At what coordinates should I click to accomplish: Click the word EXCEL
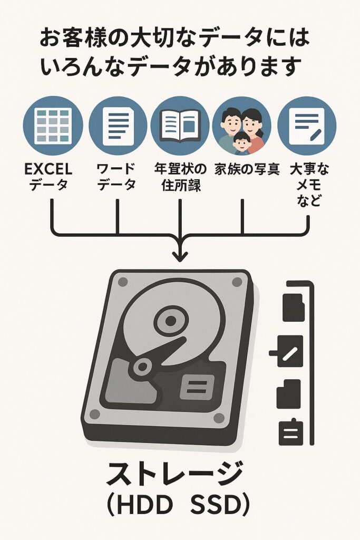[x=48, y=170]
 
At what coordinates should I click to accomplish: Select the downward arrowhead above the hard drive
[x=180, y=255]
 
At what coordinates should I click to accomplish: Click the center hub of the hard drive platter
[x=170, y=319]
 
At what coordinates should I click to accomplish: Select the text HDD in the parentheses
[x=147, y=505]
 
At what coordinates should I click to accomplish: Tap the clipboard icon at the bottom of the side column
[x=289, y=432]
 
